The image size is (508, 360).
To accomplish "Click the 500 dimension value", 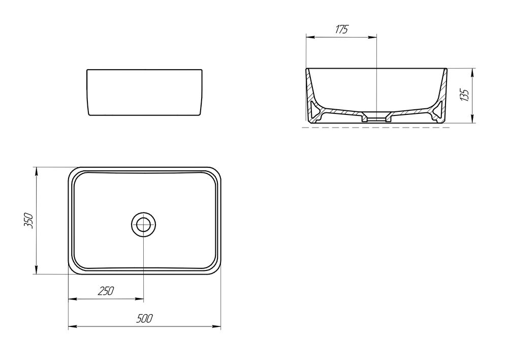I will pyautogui.click(x=145, y=319).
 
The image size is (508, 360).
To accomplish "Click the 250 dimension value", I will pyautogui.click(x=106, y=291).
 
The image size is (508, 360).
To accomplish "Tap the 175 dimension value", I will pyautogui.click(x=341, y=29).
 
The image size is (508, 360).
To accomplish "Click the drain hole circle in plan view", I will pyautogui.click(x=144, y=224).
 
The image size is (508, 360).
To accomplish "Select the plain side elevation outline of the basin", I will pyautogui.click(x=145, y=92).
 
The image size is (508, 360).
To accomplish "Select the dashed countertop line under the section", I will pyautogui.click(x=376, y=128).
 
